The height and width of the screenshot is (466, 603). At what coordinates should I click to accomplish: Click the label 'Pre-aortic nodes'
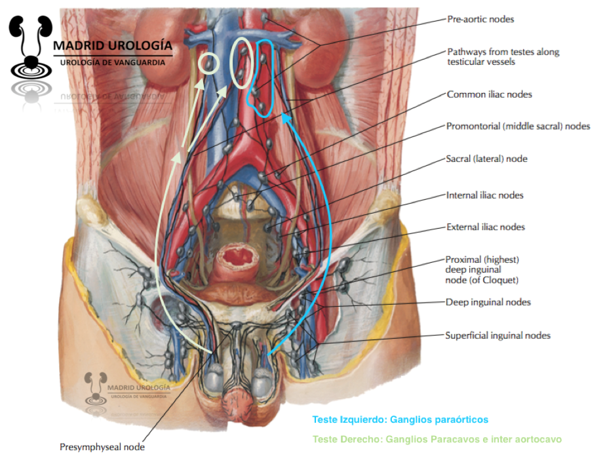coord(480,19)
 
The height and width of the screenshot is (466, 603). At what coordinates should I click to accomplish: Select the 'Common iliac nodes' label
coord(489,94)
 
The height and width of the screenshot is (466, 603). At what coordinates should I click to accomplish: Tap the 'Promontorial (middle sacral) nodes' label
coord(518,126)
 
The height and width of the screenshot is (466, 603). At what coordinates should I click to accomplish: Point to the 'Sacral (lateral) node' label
coord(486,159)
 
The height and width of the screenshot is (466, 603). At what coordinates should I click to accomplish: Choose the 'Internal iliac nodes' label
coord(484,195)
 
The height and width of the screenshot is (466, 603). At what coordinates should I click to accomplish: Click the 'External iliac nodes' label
coord(485,227)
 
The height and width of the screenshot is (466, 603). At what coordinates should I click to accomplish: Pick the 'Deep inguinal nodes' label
coord(488,302)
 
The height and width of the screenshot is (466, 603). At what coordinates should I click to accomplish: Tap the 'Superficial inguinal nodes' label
coord(497,336)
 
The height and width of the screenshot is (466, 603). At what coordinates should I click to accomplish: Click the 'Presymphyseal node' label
coord(102,447)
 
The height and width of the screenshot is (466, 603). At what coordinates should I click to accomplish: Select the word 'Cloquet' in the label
coord(500,281)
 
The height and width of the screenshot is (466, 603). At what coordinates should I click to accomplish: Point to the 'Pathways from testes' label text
coord(503,51)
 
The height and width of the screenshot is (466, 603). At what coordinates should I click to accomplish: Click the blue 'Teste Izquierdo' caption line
coord(400,419)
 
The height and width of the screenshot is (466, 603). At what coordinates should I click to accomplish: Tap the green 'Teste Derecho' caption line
coord(437,439)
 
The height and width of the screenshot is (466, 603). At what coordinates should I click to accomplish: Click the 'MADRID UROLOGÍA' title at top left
coord(112,46)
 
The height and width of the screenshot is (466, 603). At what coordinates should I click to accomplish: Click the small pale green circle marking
coord(209,64)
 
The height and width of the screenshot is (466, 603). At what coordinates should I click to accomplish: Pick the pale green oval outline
coord(242,64)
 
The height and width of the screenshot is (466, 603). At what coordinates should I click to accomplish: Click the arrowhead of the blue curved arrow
coord(284,117)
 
